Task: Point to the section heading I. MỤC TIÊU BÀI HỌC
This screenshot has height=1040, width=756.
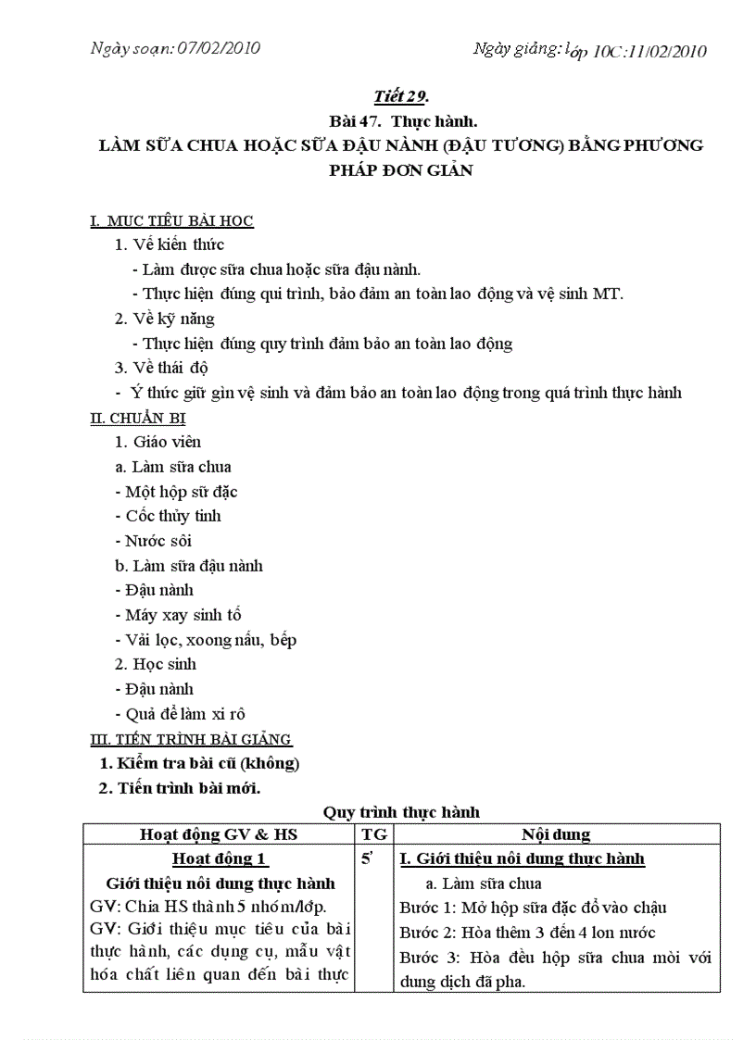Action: (171, 220)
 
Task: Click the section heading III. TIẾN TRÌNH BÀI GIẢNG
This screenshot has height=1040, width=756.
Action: (191, 739)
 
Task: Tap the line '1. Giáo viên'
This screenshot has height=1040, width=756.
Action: (157, 442)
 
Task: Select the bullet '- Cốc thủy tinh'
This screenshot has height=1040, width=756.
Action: (168, 516)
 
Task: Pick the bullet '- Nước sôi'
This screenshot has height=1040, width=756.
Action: (154, 541)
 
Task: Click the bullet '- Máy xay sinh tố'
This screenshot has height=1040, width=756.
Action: (179, 615)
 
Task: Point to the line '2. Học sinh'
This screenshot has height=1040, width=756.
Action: (156, 664)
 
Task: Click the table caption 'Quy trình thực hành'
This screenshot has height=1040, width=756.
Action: (401, 812)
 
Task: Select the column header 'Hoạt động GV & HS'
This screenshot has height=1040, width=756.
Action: (219, 834)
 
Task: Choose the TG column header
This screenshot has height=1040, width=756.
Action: (374, 834)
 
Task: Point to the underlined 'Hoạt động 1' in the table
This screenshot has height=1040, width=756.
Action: (220, 858)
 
